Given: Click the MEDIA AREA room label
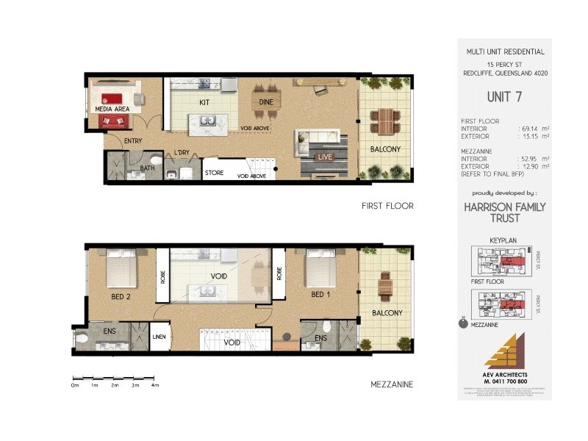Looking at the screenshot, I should coord(112,109).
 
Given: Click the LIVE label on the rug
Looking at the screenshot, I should coord(324,157).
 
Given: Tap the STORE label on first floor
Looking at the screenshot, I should coord(214,173).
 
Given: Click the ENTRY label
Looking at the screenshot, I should coord(134,141).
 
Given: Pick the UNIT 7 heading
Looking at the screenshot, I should coord(505,96).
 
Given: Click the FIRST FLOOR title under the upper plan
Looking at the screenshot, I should coord(387,207).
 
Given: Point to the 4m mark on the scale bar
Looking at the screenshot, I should coord(154,385).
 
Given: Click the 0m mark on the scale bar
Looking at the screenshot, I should coord(74,385).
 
